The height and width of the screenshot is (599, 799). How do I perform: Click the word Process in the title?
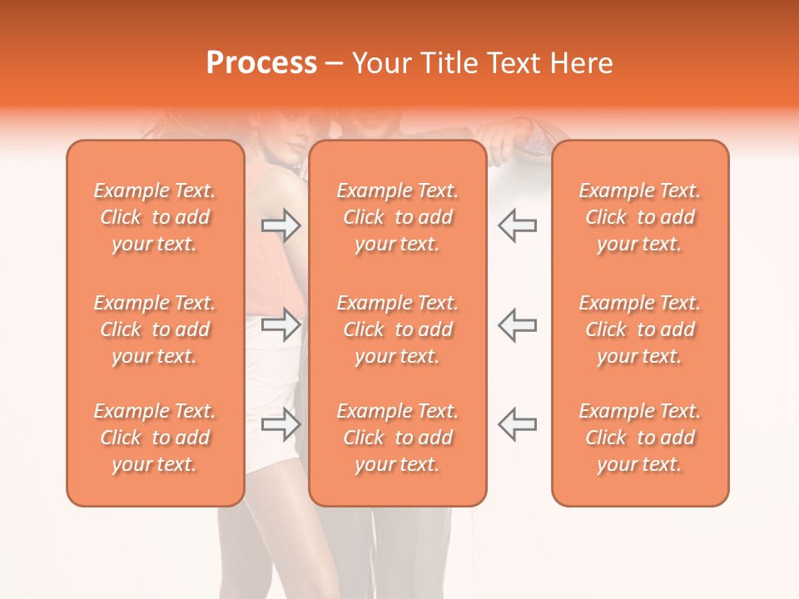[x=261, y=63]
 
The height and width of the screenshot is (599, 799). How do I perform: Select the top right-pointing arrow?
[x=280, y=225]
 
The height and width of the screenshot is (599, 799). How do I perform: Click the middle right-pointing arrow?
[x=280, y=325]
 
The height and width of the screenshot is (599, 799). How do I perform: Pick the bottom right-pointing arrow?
[x=280, y=425]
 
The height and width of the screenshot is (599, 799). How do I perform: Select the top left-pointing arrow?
[x=518, y=225]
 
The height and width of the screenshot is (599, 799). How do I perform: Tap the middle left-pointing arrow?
[x=518, y=325]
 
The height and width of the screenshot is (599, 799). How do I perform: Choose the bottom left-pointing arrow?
[x=518, y=425]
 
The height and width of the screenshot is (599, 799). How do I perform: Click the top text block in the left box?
[x=155, y=217]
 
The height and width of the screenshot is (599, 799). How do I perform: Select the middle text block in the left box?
[x=155, y=329]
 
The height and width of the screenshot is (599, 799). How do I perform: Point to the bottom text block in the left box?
[x=155, y=438]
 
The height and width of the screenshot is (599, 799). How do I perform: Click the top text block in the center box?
[x=398, y=217]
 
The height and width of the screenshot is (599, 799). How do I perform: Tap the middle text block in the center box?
[x=398, y=329]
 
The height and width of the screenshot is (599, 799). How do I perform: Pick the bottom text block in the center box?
[x=398, y=438]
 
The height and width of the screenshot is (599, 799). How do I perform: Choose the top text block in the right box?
[x=640, y=217]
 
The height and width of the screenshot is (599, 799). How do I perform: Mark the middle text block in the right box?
[x=640, y=329]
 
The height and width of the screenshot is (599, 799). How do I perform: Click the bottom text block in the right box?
[x=640, y=438]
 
